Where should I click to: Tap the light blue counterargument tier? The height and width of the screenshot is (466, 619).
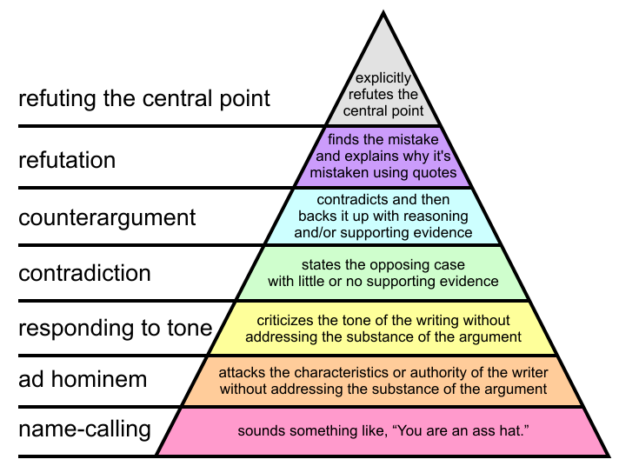pos(383,216)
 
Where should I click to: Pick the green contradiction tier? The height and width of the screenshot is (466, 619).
pos(383,272)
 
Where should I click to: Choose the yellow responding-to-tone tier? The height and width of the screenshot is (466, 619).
pos(383,328)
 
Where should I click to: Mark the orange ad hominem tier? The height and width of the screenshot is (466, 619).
pos(383,381)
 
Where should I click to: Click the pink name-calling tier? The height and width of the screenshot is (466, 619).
pos(383,431)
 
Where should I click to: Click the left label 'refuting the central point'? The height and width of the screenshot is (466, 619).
pos(144,97)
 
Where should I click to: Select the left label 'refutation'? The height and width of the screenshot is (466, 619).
pos(67,160)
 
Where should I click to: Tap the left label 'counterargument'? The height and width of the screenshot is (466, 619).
pos(107,216)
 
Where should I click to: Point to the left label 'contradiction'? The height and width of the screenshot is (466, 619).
pos(84,273)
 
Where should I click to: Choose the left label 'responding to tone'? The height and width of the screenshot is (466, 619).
pos(115,328)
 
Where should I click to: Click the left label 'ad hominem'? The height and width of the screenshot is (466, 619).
pos(83,379)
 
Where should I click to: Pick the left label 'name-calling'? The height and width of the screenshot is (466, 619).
pos(84,429)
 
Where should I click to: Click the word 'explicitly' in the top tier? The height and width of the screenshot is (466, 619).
pos(383,78)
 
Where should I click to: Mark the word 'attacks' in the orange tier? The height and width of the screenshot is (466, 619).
pos(240,373)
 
